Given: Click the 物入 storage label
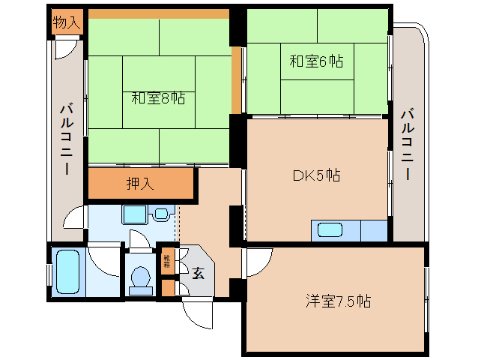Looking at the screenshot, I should tap(67, 22).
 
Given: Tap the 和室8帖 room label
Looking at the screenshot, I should tap(158, 97).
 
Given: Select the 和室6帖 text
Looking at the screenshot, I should tap(316, 61).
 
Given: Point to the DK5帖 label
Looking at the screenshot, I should tap(316, 175).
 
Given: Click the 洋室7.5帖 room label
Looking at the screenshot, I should tap(338, 301).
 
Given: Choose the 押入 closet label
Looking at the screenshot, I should tap(140, 184).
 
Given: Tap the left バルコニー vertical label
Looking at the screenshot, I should tap(66, 139).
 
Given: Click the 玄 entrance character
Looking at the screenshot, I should tap(198, 274).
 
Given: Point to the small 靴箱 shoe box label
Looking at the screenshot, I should tap(167, 262).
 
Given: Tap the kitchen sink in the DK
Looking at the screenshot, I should tap(329, 229).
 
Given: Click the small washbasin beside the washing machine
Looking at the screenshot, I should tap(161, 214).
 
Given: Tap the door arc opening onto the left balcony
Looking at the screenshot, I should tap(74, 218).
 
